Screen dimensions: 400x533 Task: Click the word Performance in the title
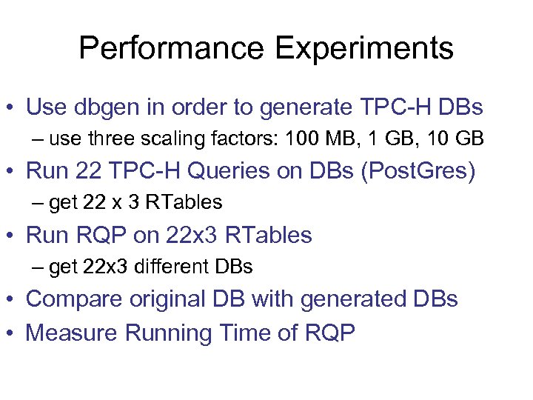click(x=171, y=49)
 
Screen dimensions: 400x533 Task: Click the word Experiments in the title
click(x=363, y=49)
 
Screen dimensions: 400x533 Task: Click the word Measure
click(x=72, y=333)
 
